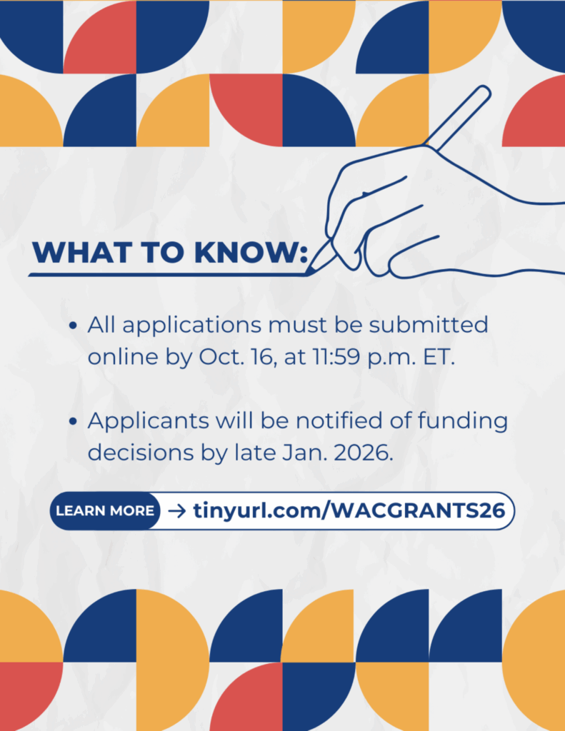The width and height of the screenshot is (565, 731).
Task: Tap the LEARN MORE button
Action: point(105,510)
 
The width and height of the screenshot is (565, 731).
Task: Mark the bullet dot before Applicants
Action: point(73,422)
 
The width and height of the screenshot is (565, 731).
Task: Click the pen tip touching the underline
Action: point(309,271)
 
